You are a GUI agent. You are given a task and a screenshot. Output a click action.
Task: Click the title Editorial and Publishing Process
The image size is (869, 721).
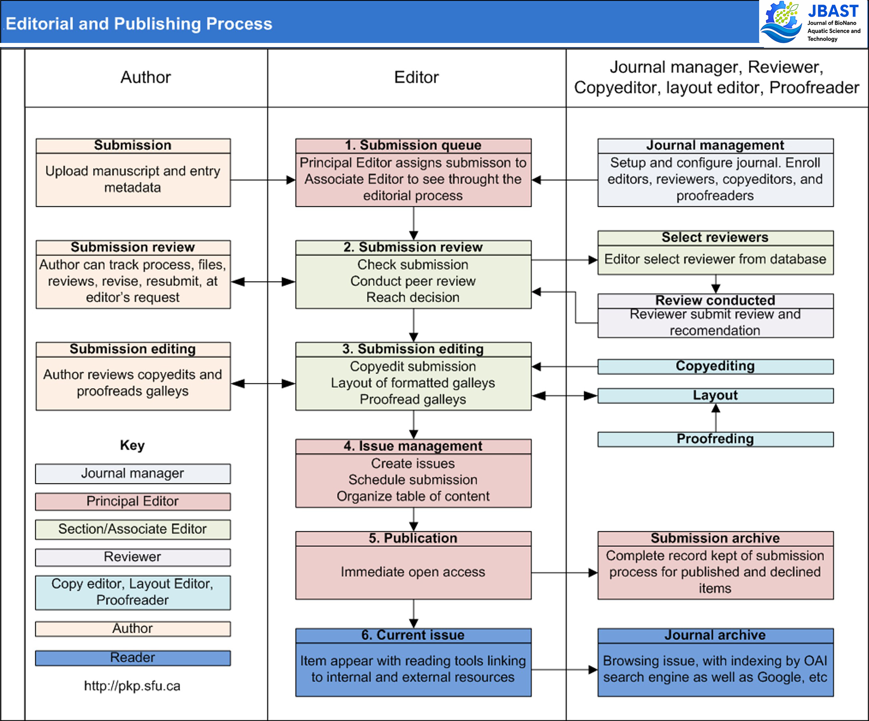(139, 24)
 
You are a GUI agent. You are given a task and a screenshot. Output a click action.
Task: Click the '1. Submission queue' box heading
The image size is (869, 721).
(413, 145)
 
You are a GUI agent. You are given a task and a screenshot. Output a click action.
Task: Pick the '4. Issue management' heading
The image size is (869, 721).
(413, 446)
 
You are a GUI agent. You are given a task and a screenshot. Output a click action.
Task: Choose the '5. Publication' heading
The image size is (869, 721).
(413, 538)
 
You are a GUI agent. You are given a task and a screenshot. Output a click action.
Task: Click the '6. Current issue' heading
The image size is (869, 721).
(413, 635)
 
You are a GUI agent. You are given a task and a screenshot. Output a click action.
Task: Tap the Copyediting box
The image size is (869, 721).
(715, 366)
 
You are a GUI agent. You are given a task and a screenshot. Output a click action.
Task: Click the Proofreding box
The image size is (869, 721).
(715, 439)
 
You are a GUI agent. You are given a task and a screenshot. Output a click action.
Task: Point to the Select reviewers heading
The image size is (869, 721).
(715, 237)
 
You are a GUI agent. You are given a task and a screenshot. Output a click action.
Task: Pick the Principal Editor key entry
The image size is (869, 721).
(132, 501)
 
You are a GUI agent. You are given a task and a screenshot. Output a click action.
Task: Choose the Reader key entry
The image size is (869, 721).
(132, 658)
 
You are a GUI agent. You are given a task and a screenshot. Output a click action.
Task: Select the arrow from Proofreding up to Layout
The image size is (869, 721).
(716, 418)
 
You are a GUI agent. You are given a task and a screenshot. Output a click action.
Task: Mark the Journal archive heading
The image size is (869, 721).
(715, 635)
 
